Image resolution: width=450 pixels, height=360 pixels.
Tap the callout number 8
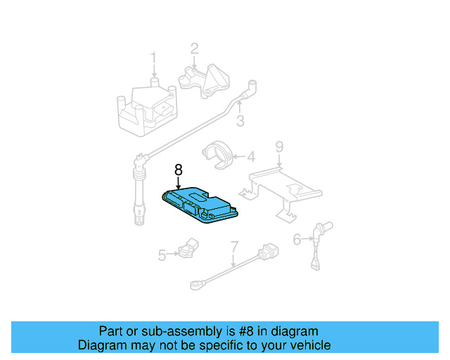[179, 170]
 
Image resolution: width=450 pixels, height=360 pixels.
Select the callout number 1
[153, 58]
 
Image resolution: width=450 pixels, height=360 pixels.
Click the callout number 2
[194, 49]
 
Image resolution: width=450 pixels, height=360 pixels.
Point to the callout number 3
[240, 121]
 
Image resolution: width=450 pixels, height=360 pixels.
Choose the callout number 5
[162, 256]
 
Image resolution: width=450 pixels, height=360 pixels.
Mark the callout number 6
[297, 240]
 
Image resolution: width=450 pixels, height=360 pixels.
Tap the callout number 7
[234, 247]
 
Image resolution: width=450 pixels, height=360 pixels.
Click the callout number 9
[279, 147]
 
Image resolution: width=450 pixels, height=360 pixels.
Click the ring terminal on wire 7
[195, 285]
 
